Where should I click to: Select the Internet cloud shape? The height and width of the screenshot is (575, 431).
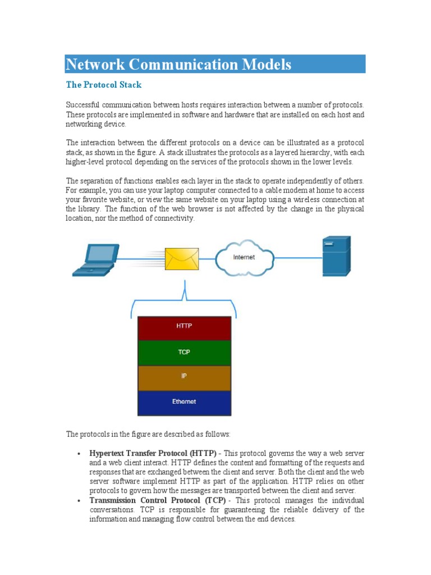click(x=244, y=257)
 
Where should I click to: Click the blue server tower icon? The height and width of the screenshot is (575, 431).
click(x=336, y=255)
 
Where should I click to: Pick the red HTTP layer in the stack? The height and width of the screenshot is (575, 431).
click(x=184, y=328)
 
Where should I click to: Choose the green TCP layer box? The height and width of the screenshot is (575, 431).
click(x=184, y=353)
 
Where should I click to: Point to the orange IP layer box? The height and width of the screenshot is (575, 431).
click(x=184, y=377)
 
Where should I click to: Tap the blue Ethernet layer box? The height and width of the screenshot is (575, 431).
click(x=184, y=402)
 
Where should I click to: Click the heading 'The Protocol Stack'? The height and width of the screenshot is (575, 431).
click(x=104, y=85)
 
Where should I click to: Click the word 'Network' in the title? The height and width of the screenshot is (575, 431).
click(x=95, y=65)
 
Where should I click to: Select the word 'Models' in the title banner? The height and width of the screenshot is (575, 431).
click(x=266, y=65)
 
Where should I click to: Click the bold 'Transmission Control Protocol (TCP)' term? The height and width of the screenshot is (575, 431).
click(x=158, y=500)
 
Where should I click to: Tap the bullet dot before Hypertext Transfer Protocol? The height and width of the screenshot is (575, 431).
click(x=80, y=453)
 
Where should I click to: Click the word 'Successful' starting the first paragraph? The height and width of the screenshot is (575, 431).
click(x=84, y=105)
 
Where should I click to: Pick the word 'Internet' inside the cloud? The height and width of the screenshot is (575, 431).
click(x=244, y=257)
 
